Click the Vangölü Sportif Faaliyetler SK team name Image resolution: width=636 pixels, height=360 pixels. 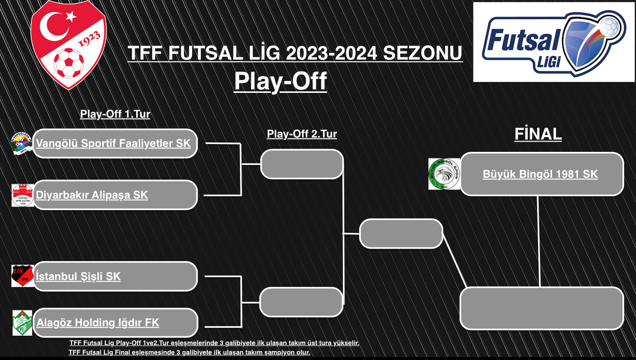coord(113,144)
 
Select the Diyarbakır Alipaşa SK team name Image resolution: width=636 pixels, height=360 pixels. coord(92,195)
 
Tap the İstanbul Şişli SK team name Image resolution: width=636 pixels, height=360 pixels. coord(78,276)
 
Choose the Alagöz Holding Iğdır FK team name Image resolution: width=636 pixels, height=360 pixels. coord(98,323)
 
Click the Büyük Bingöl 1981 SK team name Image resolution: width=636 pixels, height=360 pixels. coord(540,174)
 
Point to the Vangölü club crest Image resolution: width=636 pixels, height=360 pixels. coord(21,144)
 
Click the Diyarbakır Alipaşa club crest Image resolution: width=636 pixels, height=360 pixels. coord(23,195)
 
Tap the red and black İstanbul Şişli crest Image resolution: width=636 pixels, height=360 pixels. coord(23,276)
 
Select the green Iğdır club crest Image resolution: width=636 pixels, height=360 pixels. coord(22,323)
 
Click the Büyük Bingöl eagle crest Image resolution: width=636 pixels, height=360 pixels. coord(444,174)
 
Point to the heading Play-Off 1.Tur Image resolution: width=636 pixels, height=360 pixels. coord(115,114)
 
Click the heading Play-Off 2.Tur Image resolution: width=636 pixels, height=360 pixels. coord(302,134)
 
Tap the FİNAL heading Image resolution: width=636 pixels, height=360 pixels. coord(538,134)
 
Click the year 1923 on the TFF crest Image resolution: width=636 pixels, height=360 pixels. coord(89,39)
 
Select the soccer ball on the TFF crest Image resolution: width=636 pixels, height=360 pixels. coord(69,63)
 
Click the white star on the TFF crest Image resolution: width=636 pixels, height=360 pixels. coord(71,16)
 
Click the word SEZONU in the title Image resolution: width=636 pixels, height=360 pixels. coord(422,53)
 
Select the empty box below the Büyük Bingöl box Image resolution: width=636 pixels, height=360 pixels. coord(542,308)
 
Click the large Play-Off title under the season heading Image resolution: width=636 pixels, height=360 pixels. coord(281,81)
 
